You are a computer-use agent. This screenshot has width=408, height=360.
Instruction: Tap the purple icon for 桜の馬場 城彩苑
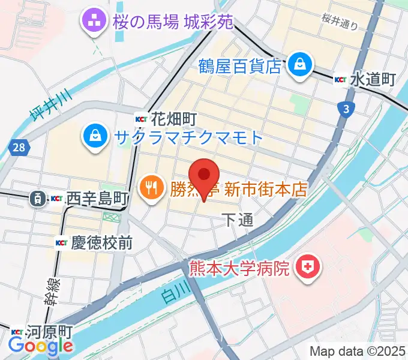coord(94,21)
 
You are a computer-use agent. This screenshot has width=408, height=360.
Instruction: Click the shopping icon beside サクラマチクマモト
coord(95,137)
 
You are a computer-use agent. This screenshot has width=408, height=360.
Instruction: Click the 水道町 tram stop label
coord(373,79)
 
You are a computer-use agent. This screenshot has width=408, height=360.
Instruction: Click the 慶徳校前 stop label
coord(100,243)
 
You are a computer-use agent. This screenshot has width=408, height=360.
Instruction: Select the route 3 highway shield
coord(346,109)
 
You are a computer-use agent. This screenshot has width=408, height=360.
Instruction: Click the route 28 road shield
coord(18,146)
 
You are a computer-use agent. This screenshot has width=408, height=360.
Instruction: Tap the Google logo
coord(41,346)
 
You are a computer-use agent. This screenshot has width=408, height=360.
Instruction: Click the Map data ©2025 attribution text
coord(357,350)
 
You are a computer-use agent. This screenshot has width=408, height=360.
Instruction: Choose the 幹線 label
coord(50,291)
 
